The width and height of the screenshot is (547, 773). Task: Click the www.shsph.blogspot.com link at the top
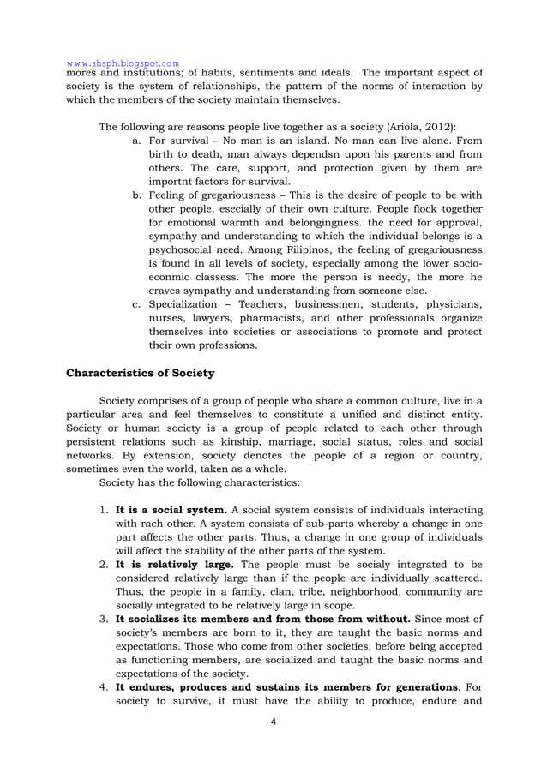point(123,63)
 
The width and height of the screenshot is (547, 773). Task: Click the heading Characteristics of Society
point(141,373)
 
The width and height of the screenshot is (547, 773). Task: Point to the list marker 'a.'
point(137,140)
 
